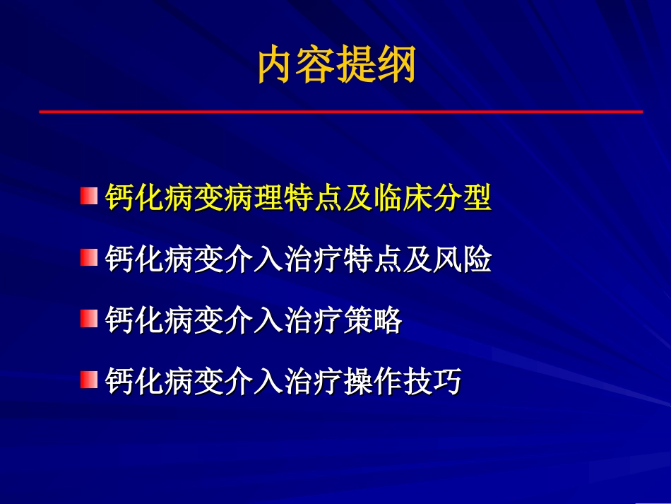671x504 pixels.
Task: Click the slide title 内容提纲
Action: [x=336, y=65]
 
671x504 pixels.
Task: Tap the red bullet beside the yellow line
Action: [x=88, y=196]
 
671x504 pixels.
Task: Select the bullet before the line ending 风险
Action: [x=88, y=257]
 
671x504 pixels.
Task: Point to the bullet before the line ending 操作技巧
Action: [x=88, y=380]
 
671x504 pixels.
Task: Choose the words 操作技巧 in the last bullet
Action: [x=401, y=382]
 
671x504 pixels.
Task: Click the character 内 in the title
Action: [x=276, y=65]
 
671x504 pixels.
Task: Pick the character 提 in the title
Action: [x=357, y=65]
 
